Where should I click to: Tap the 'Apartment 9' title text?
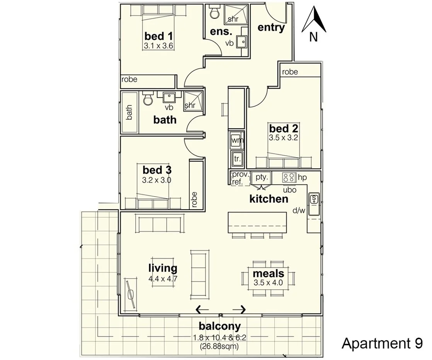[382, 343]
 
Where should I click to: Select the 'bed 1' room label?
[158, 36]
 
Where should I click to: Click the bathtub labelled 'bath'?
[129, 112]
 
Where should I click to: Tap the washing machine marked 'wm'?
[237, 141]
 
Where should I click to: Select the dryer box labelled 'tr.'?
[237, 158]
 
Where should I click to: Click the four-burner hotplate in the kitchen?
[289, 177]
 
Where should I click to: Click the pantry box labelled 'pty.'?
[261, 177]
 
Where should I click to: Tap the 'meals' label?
[269, 274]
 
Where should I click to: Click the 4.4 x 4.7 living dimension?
[163, 278]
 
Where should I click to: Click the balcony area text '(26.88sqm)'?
[219, 346]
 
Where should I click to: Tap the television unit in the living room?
[132, 294]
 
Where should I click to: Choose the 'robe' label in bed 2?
[290, 72]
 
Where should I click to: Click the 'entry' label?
[271, 27]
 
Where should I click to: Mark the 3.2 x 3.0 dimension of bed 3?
[157, 180]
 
